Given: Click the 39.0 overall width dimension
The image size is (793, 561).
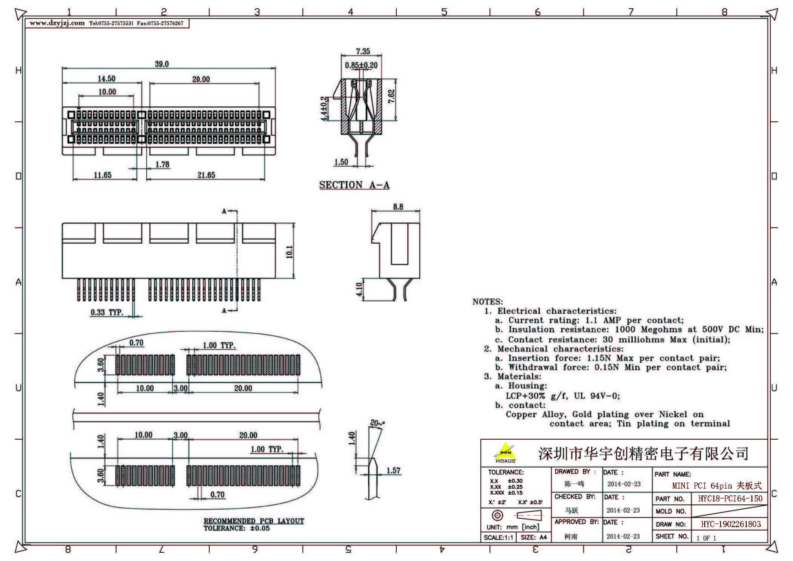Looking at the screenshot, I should tap(162, 64).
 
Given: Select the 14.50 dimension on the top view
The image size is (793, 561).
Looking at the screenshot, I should tap(106, 79).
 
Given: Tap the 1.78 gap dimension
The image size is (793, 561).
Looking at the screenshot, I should tap(162, 165).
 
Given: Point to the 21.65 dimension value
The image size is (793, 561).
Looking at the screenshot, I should tap(206, 175).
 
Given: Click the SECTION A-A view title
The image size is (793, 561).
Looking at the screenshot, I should tap(354, 185).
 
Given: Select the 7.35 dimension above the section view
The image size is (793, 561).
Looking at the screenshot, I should tap(363, 51).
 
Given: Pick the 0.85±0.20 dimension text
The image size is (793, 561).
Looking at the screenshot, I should tap(361, 66).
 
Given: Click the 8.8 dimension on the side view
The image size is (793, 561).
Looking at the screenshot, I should tap(398, 207).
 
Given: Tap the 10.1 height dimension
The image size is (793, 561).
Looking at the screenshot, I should tap(289, 251).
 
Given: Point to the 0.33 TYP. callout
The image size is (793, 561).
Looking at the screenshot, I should tap(107, 313).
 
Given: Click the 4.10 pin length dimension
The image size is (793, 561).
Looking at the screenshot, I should tap(359, 290).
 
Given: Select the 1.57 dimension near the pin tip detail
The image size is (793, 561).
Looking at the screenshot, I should tap(393, 471).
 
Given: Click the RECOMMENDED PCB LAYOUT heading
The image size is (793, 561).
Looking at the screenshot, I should tap(253, 521).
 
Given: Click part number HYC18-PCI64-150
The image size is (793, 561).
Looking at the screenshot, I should tap(730, 499).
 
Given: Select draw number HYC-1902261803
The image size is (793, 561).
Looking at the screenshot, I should tap(730, 524).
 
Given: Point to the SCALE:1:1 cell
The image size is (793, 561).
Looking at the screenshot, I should tap(498, 538).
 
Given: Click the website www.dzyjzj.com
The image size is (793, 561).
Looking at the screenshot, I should tap(57, 23).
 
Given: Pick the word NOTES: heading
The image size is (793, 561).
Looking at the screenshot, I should tap(487, 302).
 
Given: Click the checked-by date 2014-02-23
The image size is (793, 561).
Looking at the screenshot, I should tap(623, 510).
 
